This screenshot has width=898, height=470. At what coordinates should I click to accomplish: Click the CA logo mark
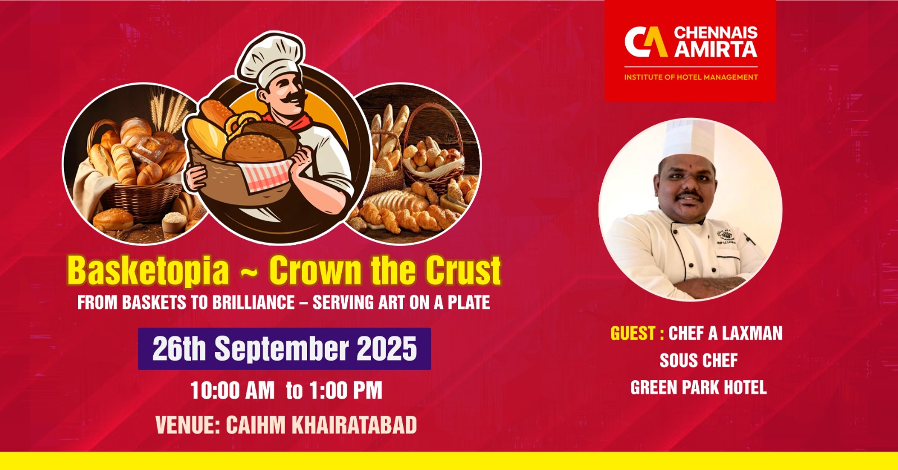coord(646,42)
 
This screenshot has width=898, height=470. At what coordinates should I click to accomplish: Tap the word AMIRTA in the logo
coord(716,50)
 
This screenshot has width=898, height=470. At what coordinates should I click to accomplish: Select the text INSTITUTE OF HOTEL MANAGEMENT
coord(691,77)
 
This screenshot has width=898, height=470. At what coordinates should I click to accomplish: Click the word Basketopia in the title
coord(148,271)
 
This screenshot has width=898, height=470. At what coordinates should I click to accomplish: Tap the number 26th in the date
coord(179,349)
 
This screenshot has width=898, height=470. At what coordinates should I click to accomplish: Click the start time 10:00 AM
coord(232,391)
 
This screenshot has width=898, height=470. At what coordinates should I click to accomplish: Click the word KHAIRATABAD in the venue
coord(354,426)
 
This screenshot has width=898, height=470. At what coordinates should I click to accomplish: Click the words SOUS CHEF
coord(698,361)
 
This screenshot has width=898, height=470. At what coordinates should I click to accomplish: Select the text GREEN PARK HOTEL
coord(698,388)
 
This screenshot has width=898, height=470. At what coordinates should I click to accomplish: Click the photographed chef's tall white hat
coord(689,140)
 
